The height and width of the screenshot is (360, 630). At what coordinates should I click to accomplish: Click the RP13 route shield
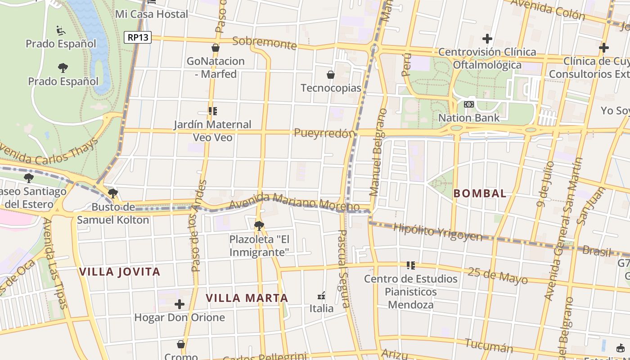(x=138, y=37)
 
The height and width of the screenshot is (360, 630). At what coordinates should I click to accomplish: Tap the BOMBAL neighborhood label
(x=480, y=193)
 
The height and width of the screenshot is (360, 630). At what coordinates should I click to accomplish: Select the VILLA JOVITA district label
(x=119, y=272)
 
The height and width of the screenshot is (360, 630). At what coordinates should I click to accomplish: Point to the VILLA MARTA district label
(x=247, y=298)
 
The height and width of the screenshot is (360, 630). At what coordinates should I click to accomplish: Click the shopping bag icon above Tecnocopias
(x=331, y=75)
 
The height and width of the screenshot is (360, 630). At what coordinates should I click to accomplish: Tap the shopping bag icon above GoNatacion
(x=216, y=48)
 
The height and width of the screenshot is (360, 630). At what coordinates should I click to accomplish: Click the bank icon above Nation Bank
(x=469, y=104)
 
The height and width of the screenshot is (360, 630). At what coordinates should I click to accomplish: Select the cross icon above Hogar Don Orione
(x=180, y=305)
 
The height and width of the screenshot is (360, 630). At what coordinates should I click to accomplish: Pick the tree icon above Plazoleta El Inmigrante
(x=259, y=225)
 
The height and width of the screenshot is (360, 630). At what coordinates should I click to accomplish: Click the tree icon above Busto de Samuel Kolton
(x=113, y=193)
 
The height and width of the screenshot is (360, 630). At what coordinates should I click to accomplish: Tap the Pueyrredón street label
(x=324, y=133)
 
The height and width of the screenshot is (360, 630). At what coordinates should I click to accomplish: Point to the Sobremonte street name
(x=265, y=43)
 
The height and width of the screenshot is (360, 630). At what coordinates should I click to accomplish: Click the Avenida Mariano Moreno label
(x=294, y=202)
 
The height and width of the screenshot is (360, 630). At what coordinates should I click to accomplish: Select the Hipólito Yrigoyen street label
(x=437, y=232)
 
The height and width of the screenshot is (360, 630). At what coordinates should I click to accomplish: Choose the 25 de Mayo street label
(x=497, y=275)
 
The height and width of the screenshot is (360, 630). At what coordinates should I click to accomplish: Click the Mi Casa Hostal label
(x=152, y=14)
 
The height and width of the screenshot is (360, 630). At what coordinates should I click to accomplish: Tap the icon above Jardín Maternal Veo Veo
(x=213, y=111)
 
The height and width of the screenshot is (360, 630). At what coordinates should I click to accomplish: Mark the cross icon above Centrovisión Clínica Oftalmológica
(x=487, y=39)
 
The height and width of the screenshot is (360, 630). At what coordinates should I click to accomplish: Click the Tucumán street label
(x=489, y=345)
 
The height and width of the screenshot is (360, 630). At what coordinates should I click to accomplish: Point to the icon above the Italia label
(x=321, y=296)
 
